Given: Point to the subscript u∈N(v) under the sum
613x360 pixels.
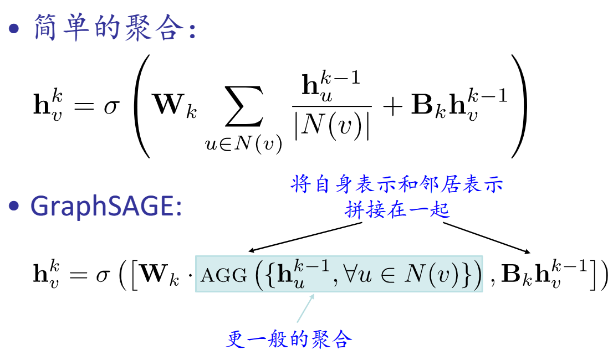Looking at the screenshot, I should (x=243, y=145).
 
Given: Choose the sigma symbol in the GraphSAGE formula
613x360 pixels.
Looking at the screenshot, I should (x=103, y=275).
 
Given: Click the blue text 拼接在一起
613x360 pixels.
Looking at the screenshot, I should (x=396, y=210).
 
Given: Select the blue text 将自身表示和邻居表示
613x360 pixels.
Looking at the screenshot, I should (x=396, y=186).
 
